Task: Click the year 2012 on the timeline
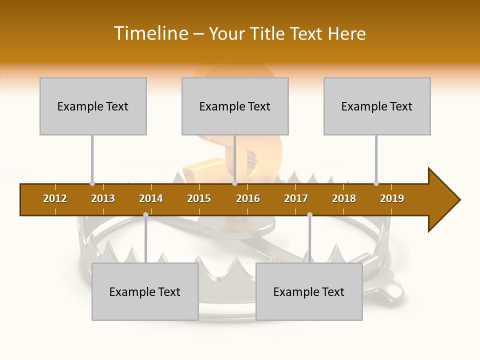pyautogui.click(x=55, y=198)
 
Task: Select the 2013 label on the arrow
pyautogui.click(x=103, y=198)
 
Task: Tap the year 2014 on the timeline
pyautogui.click(x=151, y=198)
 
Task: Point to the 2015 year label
pyautogui.click(x=199, y=198)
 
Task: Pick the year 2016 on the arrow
pyautogui.click(x=248, y=198)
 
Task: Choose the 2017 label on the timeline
pyautogui.click(x=296, y=198)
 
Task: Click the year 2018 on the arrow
pyautogui.click(x=344, y=198)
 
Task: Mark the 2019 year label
pyautogui.click(x=392, y=198)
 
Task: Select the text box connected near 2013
pyautogui.click(x=93, y=106)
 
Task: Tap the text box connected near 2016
pyautogui.click(x=235, y=106)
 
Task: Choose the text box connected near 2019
pyautogui.click(x=377, y=106)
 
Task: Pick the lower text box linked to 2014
pyautogui.click(x=145, y=291)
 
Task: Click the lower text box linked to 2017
pyautogui.click(x=309, y=291)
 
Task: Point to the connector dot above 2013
pyautogui.click(x=92, y=183)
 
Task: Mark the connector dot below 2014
pyautogui.click(x=145, y=214)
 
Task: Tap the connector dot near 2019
pyautogui.click(x=376, y=183)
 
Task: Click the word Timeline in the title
pyautogui.click(x=151, y=33)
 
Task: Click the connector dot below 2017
pyautogui.click(x=309, y=214)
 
